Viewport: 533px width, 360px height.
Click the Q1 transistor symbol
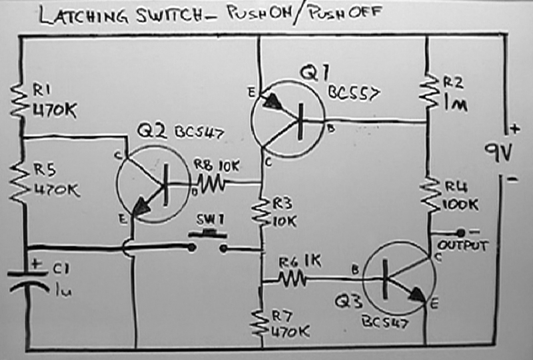pyautogui.click(x=287, y=119)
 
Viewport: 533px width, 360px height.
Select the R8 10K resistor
pyautogui.click(x=211, y=181)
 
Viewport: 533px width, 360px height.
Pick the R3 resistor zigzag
pyautogui.click(x=260, y=212)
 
